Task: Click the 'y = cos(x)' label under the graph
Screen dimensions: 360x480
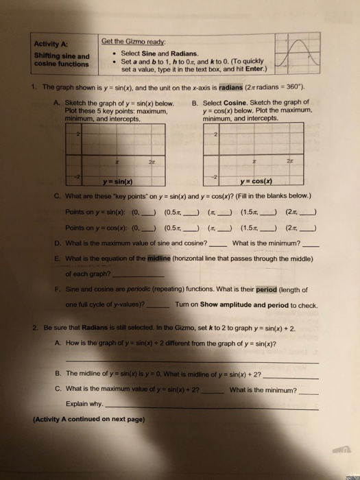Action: tap(253, 181)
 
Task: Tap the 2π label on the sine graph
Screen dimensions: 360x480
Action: tap(147, 159)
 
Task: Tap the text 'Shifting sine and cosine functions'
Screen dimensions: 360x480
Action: tap(60, 60)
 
